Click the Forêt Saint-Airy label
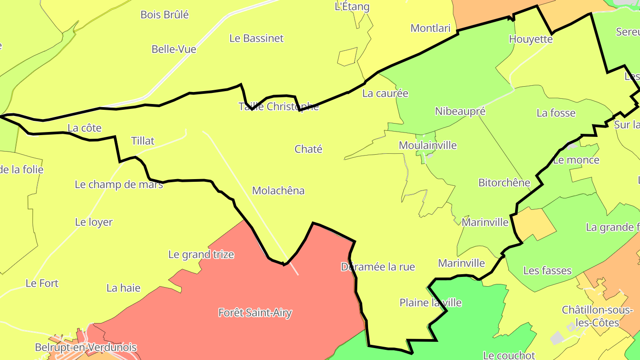click(255, 312)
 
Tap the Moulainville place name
click(428, 145)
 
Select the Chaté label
click(308, 149)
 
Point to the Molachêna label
click(278, 191)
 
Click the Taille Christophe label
click(278, 107)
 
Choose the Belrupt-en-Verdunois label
click(86, 347)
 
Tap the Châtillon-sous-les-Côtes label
click(597, 316)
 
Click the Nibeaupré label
click(460, 111)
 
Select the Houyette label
click(531, 39)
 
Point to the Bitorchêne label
click(504, 183)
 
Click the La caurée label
click(385, 93)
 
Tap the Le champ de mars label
click(119, 184)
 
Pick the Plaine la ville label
click(430, 303)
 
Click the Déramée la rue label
click(378, 267)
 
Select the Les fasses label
click(547, 270)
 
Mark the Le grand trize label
click(201, 255)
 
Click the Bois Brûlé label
click(164, 15)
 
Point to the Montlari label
click(430, 28)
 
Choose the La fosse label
click(556, 113)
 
